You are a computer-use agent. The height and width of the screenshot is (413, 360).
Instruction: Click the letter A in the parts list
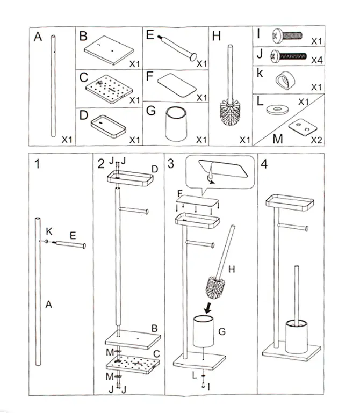[37, 37]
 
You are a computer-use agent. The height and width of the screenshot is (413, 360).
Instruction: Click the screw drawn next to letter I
[290, 38]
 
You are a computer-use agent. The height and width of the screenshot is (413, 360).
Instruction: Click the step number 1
[37, 164]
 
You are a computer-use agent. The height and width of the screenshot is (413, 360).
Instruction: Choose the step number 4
[263, 164]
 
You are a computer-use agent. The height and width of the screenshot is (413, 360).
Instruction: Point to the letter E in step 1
[73, 235]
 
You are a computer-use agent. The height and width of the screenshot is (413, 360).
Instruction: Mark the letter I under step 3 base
[208, 386]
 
